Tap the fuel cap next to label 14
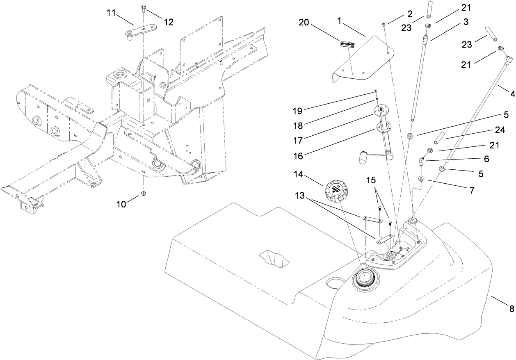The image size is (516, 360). point(336,191)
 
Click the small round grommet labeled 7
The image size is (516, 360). point(420,179)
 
